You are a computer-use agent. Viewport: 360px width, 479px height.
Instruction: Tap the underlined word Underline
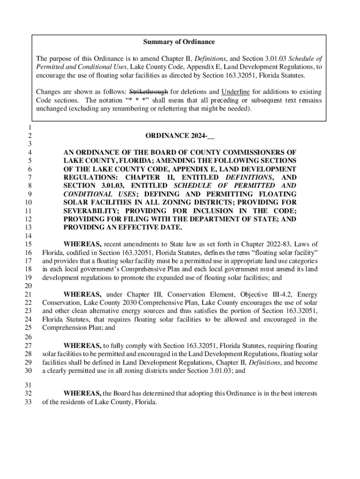tap(236, 92)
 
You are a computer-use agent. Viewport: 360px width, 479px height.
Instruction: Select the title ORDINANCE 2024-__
tap(180, 136)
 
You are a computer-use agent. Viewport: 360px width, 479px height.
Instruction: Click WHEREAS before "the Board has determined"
tap(82, 394)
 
